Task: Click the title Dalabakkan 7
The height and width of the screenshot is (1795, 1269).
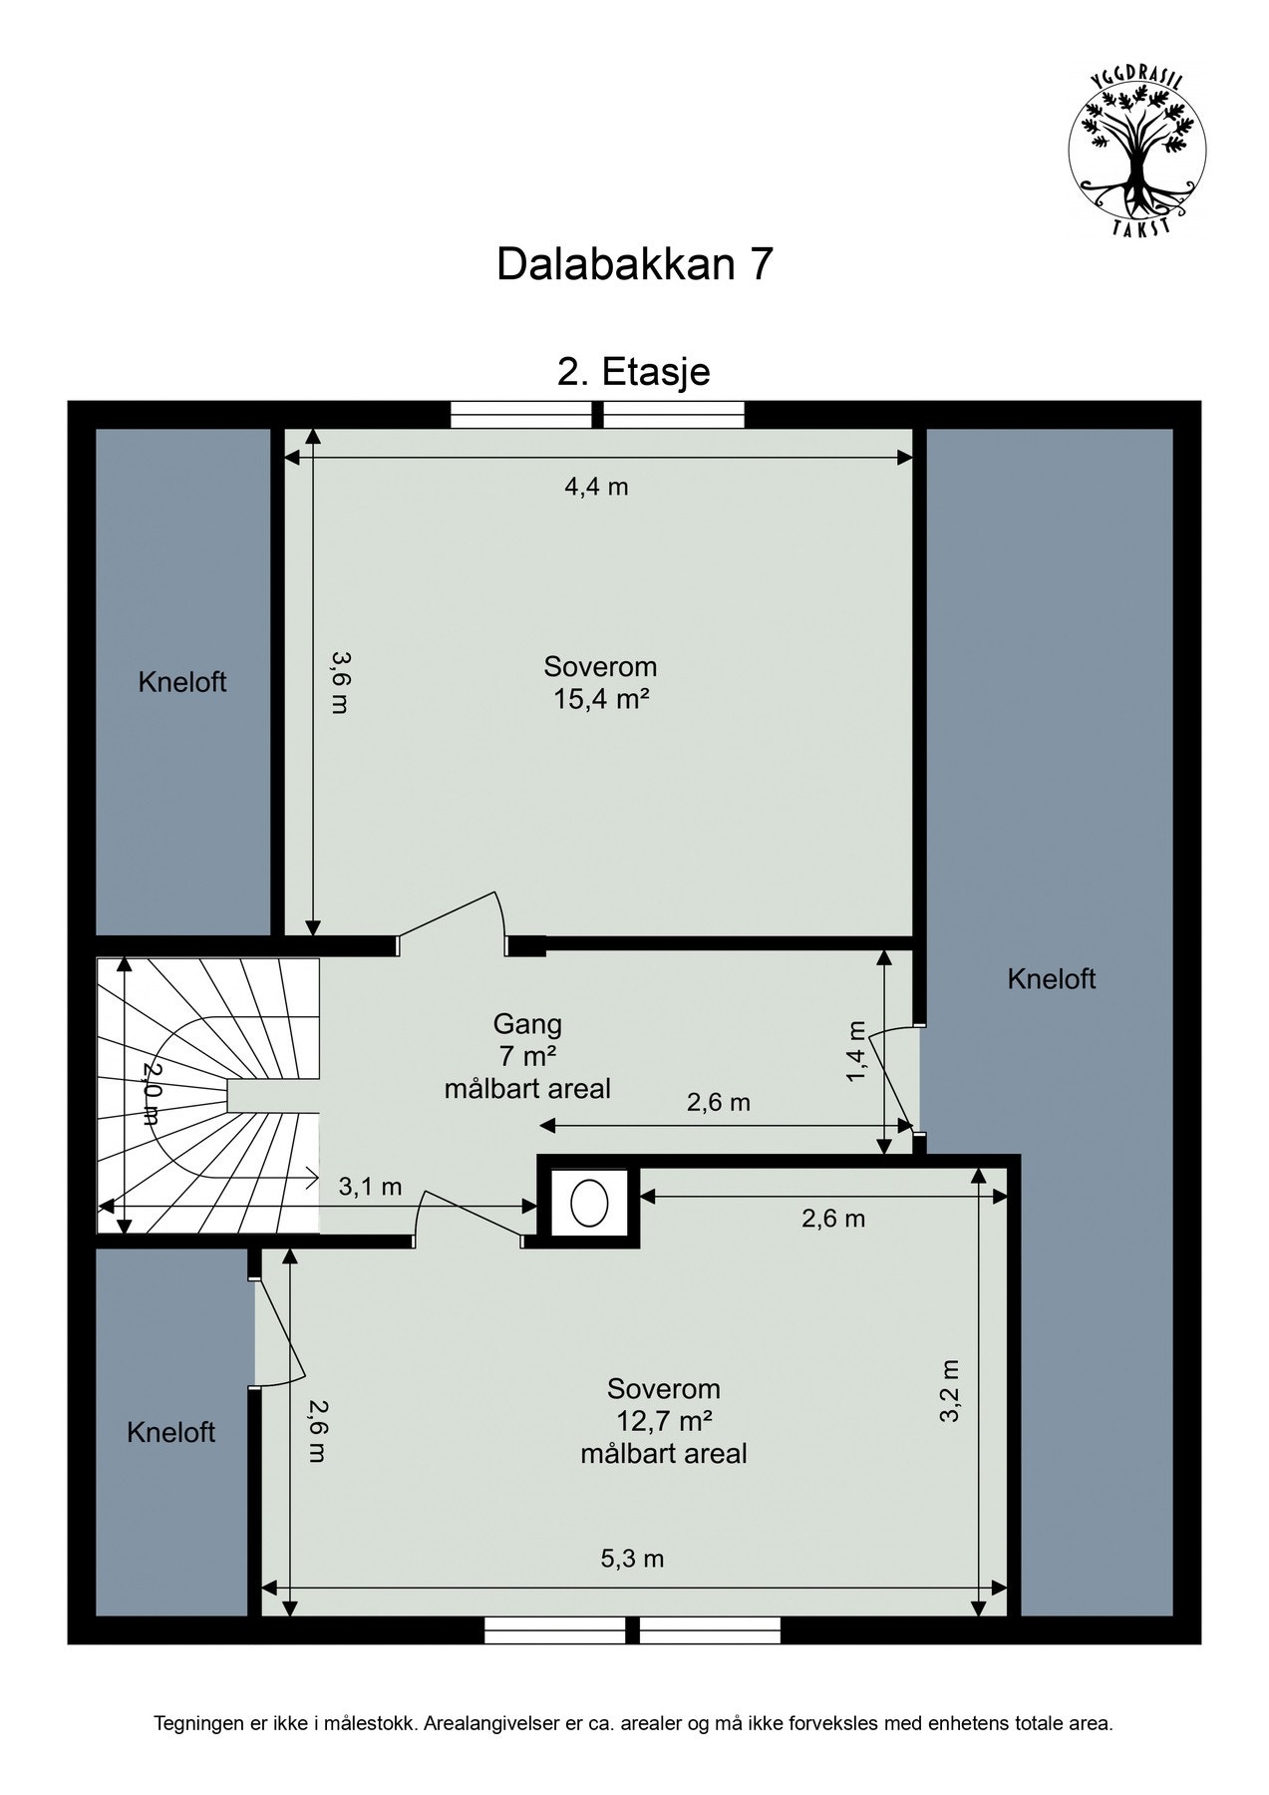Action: point(635,265)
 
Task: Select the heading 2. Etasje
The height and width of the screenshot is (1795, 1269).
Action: point(634,372)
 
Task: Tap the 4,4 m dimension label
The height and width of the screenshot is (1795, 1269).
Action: point(597,487)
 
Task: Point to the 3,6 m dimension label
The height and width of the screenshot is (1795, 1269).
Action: point(340,682)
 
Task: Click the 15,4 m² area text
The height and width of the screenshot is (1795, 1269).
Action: point(601,698)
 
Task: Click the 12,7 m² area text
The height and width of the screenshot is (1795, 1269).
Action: point(664,1420)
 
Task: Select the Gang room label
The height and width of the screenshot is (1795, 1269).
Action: point(527,1024)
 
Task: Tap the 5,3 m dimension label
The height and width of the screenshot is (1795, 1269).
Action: point(632,1558)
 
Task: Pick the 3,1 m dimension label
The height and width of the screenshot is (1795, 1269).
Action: point(370,1187)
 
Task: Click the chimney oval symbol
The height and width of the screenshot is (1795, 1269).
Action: point(589,1203)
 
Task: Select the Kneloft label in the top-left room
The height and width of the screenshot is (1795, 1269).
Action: point(182,682)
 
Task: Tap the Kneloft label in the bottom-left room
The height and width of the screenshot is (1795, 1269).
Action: point(170,1433)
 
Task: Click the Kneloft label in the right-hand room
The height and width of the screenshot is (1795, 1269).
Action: point(1052,979)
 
